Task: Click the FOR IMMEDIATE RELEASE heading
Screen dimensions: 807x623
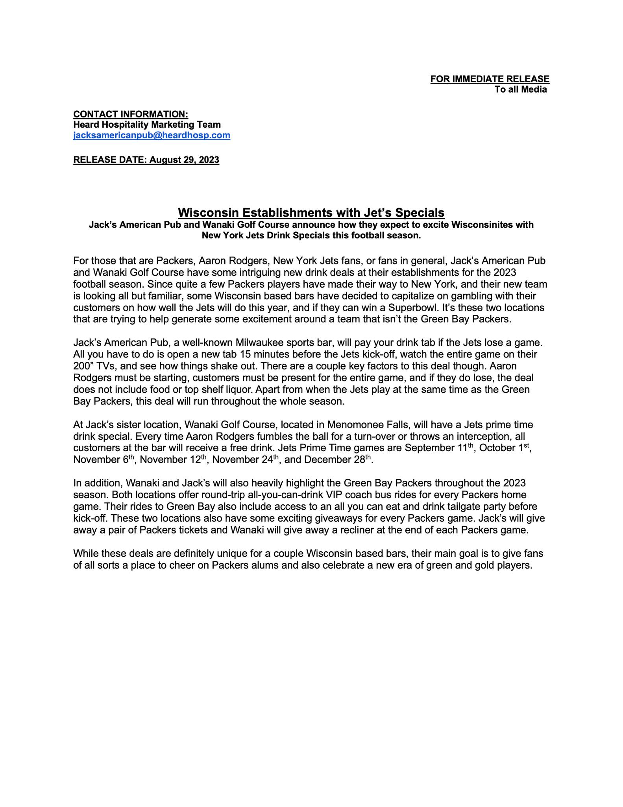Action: coord(490,79)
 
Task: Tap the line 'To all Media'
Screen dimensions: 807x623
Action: coord(520,89)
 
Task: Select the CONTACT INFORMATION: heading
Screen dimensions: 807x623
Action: coord(131,114)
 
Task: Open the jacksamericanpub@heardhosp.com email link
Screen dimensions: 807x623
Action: coord(152,136)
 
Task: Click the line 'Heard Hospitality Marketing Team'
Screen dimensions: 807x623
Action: coord(147,125)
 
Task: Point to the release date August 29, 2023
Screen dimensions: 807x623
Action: coord(146,160)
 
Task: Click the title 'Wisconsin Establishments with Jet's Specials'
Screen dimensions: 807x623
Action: coord(311,213)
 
